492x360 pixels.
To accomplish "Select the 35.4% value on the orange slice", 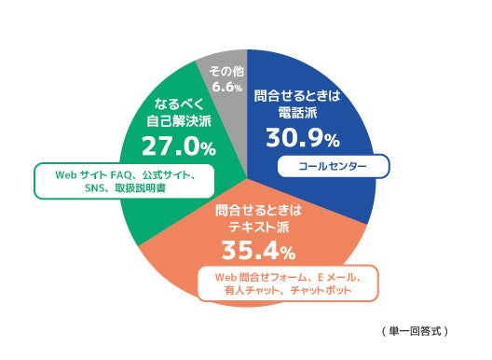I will (x=258, y=250).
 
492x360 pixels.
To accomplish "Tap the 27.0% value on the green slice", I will (x=178, y=145).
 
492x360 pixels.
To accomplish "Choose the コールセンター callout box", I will (x=332, y=168).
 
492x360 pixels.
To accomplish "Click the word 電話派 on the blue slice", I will (x=303, y=112).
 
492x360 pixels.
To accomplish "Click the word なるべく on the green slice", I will (x=178, y=102).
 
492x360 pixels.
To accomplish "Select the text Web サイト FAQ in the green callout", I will (x=91, y=173).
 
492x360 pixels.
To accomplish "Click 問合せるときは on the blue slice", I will (x=303, y=95).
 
